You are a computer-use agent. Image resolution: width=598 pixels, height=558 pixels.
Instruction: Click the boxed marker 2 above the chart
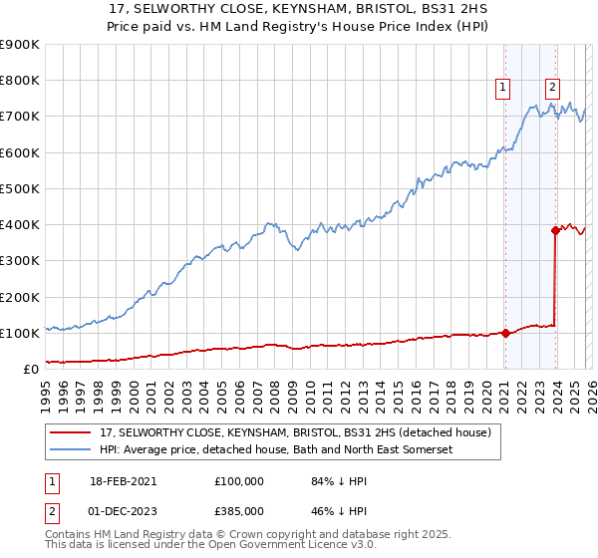(552, 87)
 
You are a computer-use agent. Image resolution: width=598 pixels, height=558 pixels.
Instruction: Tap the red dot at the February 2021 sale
(505, 333)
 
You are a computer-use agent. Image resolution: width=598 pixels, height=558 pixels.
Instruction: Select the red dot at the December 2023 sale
(555, 230)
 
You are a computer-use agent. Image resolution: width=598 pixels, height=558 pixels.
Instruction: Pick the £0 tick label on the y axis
(31, 369)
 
